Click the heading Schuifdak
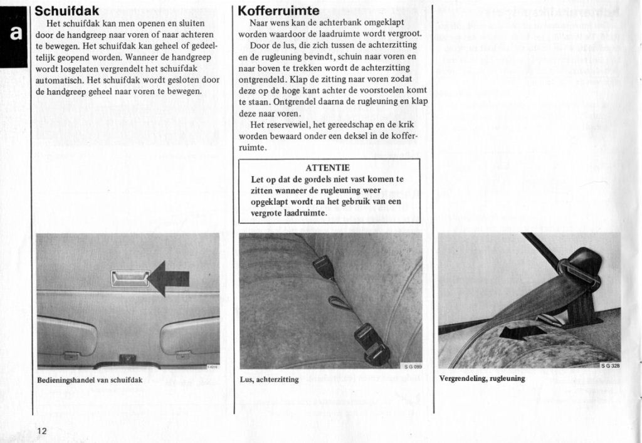[67, 11]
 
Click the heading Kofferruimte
[278, 11]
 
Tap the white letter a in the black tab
[14, 35]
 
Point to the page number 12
[41, 430]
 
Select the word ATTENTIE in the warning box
[327, 168]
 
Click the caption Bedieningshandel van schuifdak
[90, 380]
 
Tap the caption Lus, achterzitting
[269, 379]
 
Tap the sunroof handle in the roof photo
[130, 278]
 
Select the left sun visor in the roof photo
[66, 336]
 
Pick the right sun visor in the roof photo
[189, 336]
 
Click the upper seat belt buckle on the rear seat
[324, 267]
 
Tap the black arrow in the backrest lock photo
[522, 331]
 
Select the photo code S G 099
[413, 366]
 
